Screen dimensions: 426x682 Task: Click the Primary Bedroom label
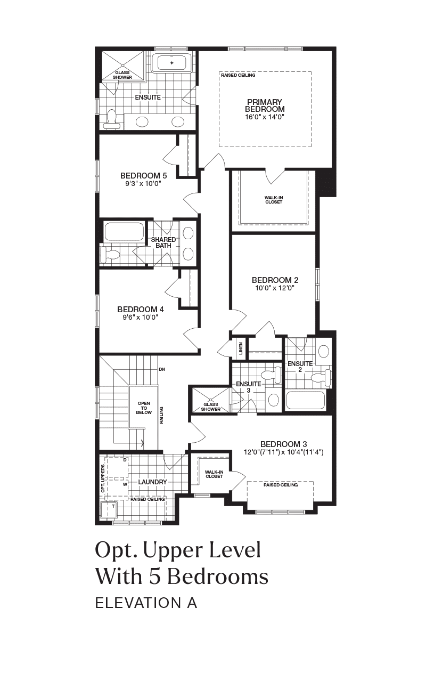(x=265, y=105)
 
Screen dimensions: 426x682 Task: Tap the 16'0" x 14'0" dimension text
(x=265, y=117)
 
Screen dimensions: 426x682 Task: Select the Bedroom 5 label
(x=144, y=176)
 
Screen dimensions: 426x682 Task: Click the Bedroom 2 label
(x=275, y=280)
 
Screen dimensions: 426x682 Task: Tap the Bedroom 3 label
(x=284, y=444)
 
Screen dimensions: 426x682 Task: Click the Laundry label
(x=152, y=482)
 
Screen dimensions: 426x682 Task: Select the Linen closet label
(x=241, y=348)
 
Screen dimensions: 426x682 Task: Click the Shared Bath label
(x=163, y=242)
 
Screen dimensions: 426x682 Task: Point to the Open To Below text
(x=144, y=408)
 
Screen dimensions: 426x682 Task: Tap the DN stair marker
(x=162, y=369)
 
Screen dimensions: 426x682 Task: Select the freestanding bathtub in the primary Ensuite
(x=171, y=63)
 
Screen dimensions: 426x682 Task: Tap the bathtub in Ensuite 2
(x=306, y=400)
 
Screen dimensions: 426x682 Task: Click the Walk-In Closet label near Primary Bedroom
(x=274, y=200)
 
